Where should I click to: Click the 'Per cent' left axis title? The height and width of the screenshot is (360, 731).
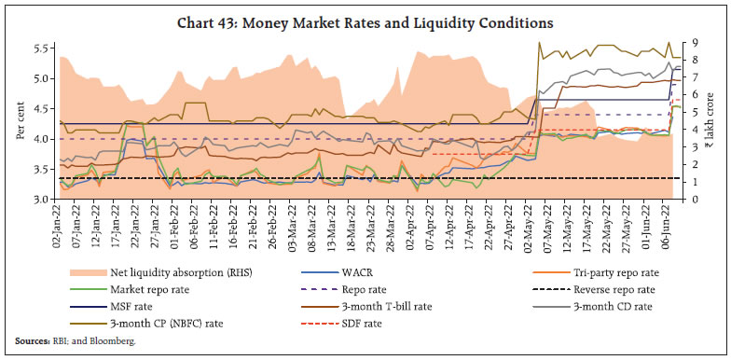click(x=21, y=121)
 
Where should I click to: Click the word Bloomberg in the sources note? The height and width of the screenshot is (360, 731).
click(x=113, y=341)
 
